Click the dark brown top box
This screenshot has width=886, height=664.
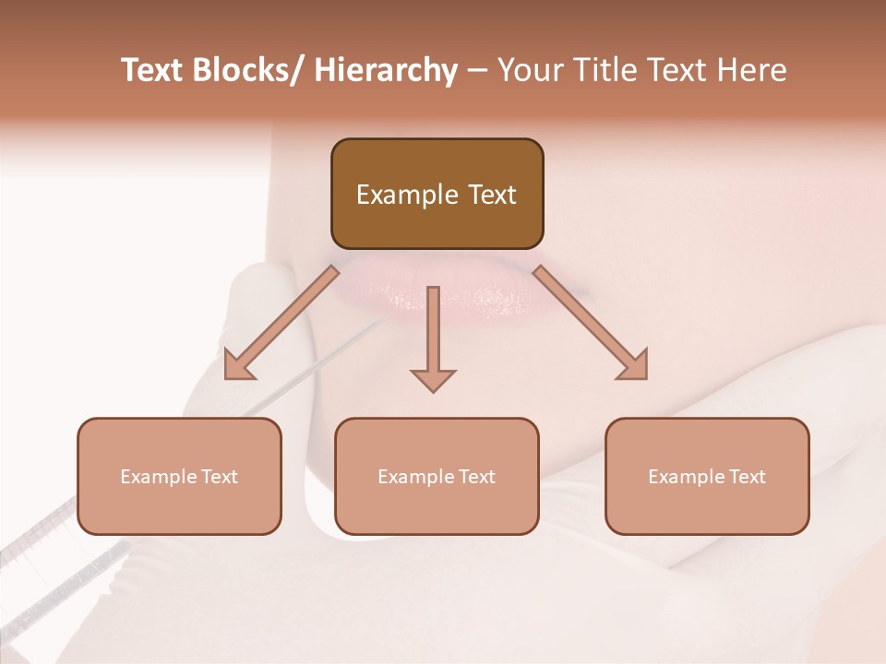(437, 194)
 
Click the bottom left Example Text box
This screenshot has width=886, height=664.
(179, 476)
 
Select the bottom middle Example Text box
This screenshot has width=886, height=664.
(437, 476)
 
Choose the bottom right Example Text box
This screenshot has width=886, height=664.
(707, 476)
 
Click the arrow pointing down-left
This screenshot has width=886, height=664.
(281, 323)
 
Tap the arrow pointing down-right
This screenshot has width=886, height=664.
(591, 323)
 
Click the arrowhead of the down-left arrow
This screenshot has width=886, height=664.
(237, 366)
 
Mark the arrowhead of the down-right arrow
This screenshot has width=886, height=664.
(635, 366)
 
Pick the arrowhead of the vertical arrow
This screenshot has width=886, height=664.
(433, 379)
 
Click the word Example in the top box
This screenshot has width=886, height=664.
(406, 195)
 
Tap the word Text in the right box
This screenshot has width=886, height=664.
(747, 477)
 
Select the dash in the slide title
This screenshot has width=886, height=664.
(477, 71)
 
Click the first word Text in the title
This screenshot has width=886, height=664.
(152, 70)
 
